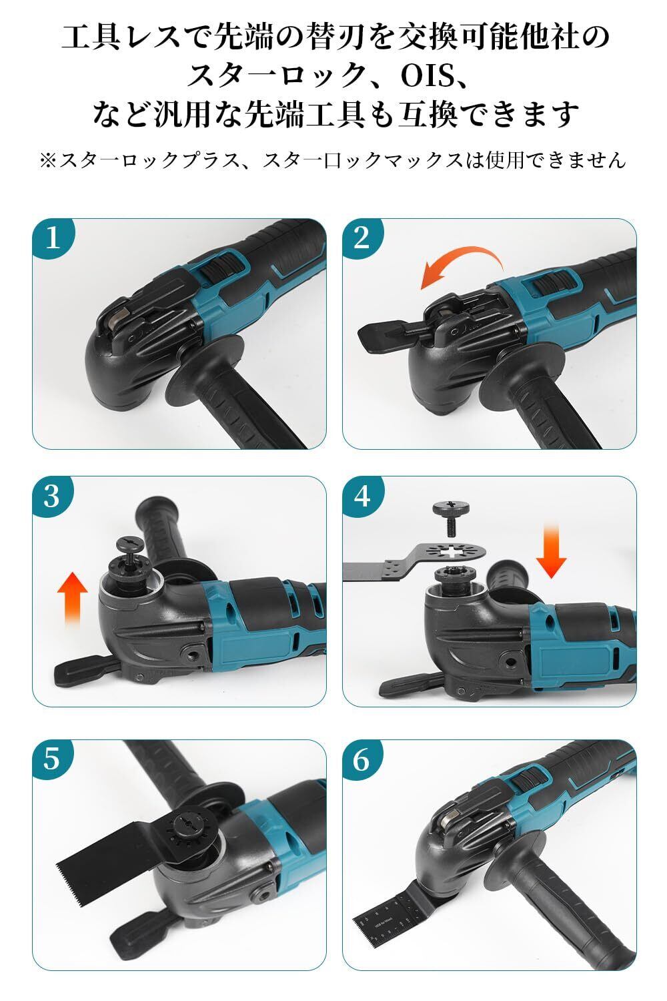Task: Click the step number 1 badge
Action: click(x=52, y=237)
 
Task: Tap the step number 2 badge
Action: click(x=362, y=237)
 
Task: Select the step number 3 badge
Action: click(x=52, y=496)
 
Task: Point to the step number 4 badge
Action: click(x=362, y=496)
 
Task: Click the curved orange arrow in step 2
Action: click(x=465, y=257)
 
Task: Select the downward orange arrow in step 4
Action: click(x=552, y=551)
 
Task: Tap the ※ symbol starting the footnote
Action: click(x=48, y=160)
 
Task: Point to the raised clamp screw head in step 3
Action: click(x=129, y=544)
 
